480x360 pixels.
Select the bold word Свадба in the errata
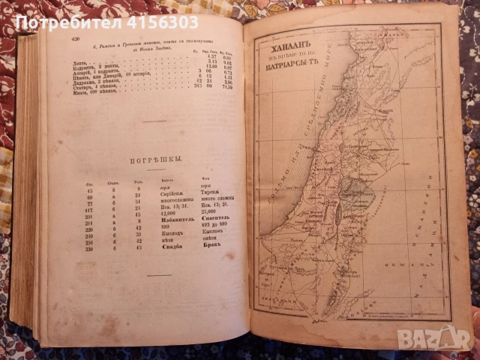click(169, 247)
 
